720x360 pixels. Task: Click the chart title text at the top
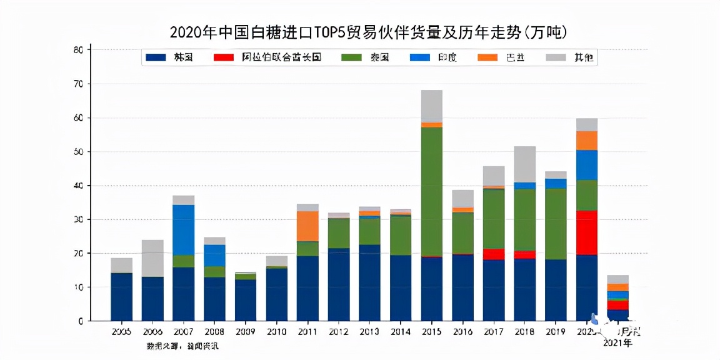pyautogui.click(x=360, y=32)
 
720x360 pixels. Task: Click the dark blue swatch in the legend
pyautogui.click(x=156, y=57)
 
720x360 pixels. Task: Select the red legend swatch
pyautogui.click(x=224, y=57)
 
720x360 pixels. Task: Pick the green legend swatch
pyautogui.click(x=352, y=57)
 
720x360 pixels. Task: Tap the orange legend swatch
pyautogui.click(x=487, y=57)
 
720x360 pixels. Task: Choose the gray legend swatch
pyautogui.click(x=556, y=57)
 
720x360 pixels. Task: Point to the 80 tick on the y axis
pyautogui.click(x=78, y=50)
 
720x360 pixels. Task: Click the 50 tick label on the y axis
pyautogui.click(x=78, y=152)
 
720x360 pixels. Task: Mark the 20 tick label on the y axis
pyautogui.click(x=78, y=254)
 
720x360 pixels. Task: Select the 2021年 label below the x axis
pyautogui.click(x=617, y=343)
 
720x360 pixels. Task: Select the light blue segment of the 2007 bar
pyautogui.click(x=184, y=229)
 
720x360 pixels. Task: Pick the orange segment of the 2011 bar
pyautogui.click(x=307, y=226)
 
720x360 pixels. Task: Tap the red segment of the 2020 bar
pyautogui.click(x=587, y=232)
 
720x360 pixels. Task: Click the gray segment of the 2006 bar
pyautogui.click(x=152, y=258)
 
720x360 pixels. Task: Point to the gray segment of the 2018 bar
pyautogui.click(x=525, y=164)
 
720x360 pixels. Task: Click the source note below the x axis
pyautogui.click(x=182, y=346)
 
